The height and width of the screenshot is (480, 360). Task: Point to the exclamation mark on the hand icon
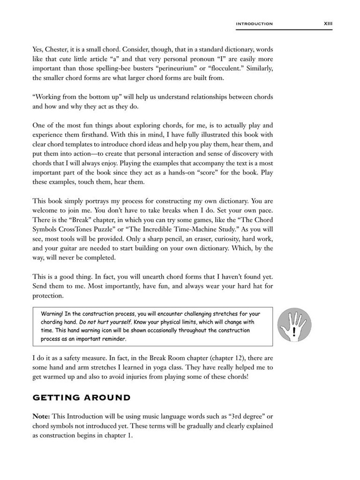tap(294, 332)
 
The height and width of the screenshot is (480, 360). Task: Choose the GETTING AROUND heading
tap(81, 398)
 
